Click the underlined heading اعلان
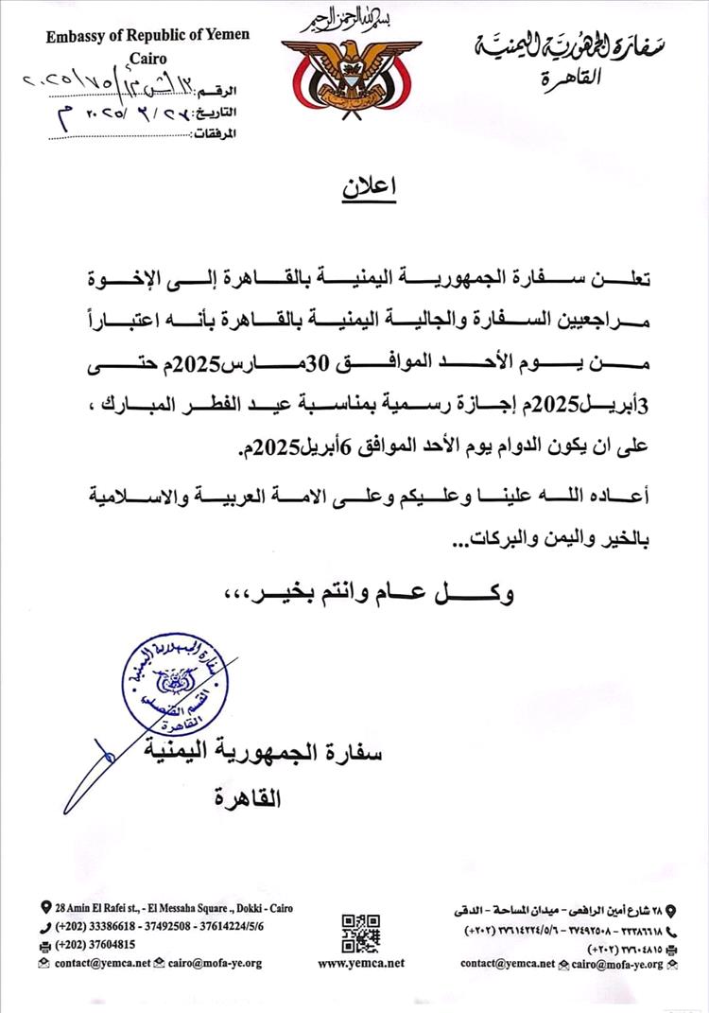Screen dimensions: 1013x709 click(368, 188)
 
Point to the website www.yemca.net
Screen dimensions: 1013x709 click(361, 963)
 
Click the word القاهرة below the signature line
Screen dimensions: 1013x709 click(250, 797)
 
